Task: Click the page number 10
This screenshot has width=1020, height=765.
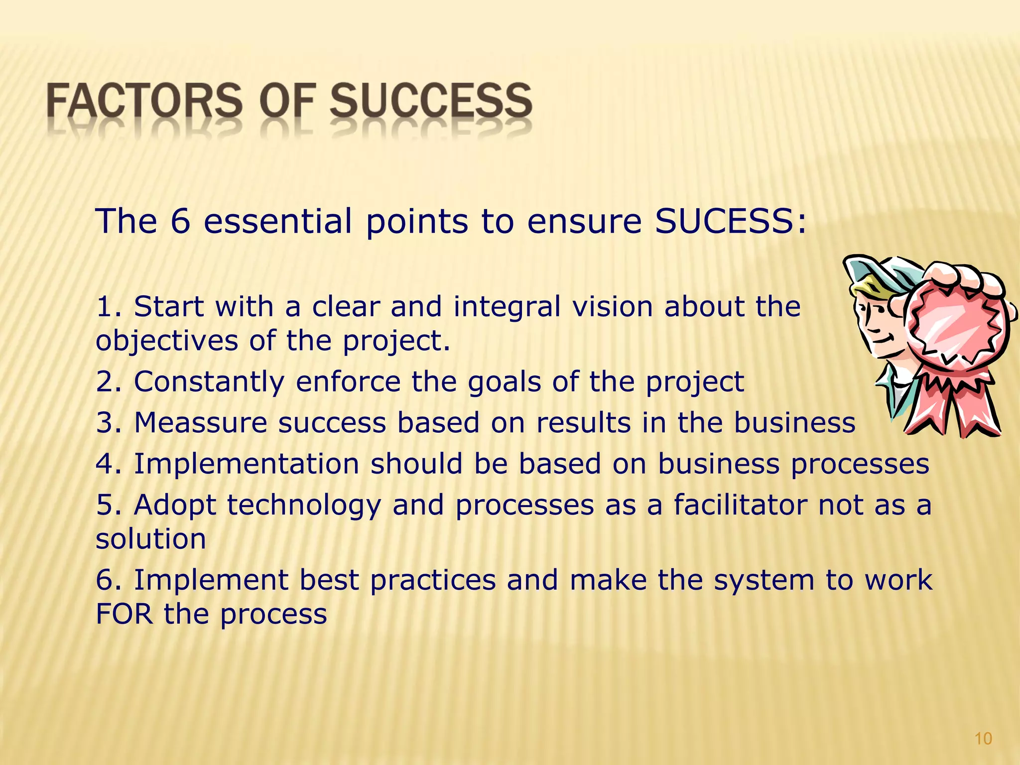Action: pos(983,739)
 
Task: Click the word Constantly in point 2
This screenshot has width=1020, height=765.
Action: pos(209,382)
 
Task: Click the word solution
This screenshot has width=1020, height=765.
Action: pos(151,539)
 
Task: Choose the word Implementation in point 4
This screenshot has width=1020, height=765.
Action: pos(247,464)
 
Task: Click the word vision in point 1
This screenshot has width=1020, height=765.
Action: pos(613,306)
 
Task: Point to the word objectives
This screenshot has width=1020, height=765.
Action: pos(167,341)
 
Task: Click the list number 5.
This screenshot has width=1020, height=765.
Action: pos(105,505)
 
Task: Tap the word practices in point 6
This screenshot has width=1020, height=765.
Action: pos(433,580)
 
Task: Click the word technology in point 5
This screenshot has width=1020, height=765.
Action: pos(304,505)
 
